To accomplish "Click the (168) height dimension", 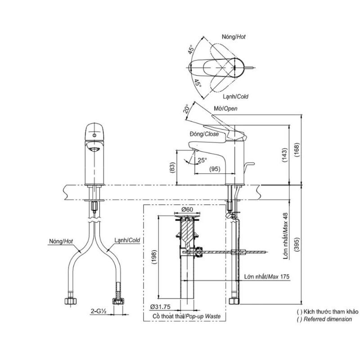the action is (297, 150).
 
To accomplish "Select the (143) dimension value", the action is (284, 155).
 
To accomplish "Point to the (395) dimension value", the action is (297, 245).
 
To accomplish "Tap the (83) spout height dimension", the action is (173, 167).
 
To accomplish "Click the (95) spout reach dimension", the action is (215, 169).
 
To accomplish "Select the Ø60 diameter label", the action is (187, 209).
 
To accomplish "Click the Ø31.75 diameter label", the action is (161, 307).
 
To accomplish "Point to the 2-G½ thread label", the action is (98, 311).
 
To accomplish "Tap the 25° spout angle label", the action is (202, 160).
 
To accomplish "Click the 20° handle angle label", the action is (186, 109).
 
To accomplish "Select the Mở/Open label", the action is (225, 108).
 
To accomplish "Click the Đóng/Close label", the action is (204, 134).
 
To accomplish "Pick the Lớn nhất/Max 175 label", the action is (267, 277).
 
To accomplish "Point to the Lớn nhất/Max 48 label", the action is (285, 236).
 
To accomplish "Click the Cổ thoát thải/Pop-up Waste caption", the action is (186, 316).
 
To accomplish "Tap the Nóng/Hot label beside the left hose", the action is (61, 241).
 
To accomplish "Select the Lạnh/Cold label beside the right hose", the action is (127, 240).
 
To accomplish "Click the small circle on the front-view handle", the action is (94, 135).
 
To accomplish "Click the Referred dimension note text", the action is (324, 319).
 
